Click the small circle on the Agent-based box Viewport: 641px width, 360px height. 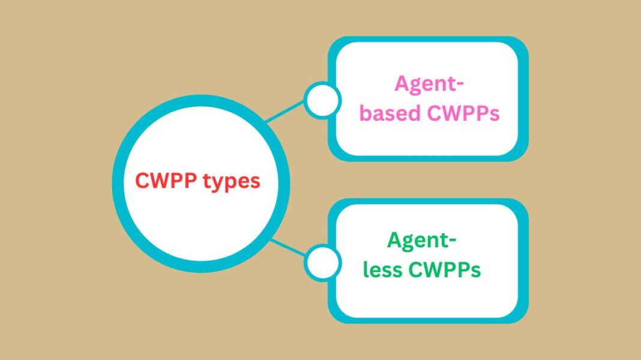coord(322,100)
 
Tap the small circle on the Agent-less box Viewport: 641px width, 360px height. coord(322,262)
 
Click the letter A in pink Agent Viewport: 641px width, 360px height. coord(402,84)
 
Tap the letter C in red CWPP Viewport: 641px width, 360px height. coord(143,181)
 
